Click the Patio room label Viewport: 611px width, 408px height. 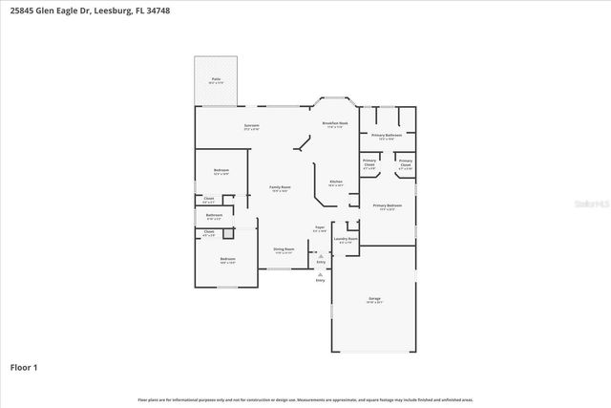(x=216, y=81)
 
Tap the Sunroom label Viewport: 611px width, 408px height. (x=252, y=126)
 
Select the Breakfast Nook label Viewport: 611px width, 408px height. (x=333, y=125)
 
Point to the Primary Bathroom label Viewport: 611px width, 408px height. (x=386, y=137)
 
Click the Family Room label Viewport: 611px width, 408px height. (x=279, y=188)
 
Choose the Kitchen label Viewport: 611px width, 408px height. (x=335, y=183)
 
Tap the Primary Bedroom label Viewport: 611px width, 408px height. (x=387, y=207)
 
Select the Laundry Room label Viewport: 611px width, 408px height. (x=345, y=240)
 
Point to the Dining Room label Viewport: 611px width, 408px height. (x=284, y=250)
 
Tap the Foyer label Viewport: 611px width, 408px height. (x=320, y=228)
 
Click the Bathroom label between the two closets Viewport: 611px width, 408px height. (x=214, y=216)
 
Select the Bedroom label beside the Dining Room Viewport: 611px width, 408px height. (x=227, y=260)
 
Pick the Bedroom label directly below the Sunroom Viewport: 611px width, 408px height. (x=221, y=172)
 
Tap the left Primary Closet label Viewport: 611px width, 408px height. (x=369, y=163)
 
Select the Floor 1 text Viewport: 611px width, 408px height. (x=24, y=367)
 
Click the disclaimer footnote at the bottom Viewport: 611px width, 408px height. (x=305, y=399)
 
